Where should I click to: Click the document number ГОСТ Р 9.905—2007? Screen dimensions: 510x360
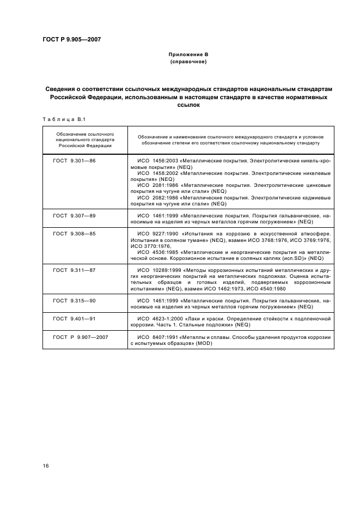pos(71,39)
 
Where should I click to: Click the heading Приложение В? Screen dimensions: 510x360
pos(188,55)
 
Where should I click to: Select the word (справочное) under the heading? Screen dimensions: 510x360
pos(188,63)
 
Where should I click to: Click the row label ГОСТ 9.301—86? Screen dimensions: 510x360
pos(74,162)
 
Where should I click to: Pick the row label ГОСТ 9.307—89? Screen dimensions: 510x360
pos(74,216)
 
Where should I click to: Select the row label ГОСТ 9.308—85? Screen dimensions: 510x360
pos(74,234)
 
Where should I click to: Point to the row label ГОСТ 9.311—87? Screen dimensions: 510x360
pos(74,270)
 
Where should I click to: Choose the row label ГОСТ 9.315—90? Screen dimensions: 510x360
pos(74,300)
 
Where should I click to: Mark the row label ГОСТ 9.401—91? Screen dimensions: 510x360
pos(74,318)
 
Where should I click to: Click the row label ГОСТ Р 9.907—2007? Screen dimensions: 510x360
pos(81,337)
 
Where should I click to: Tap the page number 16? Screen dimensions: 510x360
pos(46,465)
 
